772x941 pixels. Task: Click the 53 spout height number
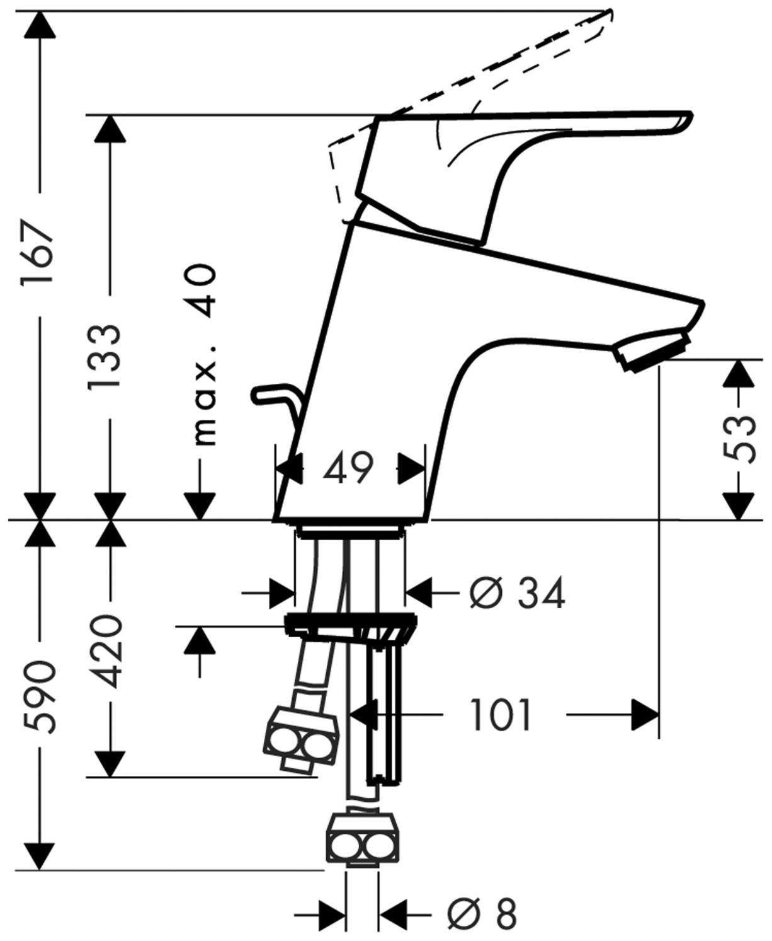pyautogui.click(x=739, y=439)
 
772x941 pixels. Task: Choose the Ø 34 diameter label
pyautogui.click(x=517, y=593)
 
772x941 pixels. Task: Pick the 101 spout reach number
pyautogui.click(x=501, y=715)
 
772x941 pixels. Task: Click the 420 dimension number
pyautogui.click(x=104, y=652)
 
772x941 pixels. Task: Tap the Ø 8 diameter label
pyautogui.click(x=481, y=913)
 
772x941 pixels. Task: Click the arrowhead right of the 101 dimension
pyautogui.click(x=645, y=715)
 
